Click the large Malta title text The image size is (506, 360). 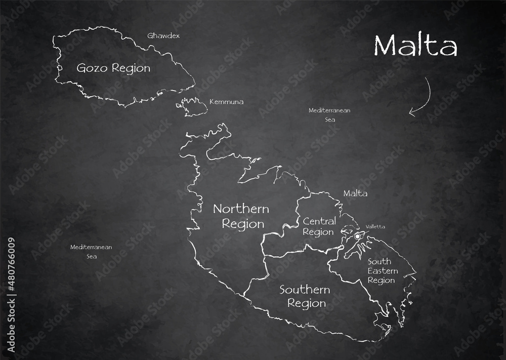[x=415, y=46]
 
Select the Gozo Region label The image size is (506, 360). [x=113, y=68]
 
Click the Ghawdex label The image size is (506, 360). [x=163, y=36]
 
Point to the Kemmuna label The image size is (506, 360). [x=226, y=102]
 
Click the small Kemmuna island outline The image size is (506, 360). [x=193, y=106]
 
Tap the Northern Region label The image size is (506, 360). [x=241, y=216]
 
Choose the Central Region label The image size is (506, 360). [x=319, y=226]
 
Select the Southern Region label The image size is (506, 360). [x=305, y=297]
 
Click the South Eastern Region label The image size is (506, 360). [x=382, y=271]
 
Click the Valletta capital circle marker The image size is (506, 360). [x=358, y=236]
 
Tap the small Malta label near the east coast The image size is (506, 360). [x=355, y=193]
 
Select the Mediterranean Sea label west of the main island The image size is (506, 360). [x=91, y=252]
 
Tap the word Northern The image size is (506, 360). [x=241, y=209]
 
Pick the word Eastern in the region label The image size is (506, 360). [x=383, y=271]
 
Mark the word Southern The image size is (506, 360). [x=305, y=290]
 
